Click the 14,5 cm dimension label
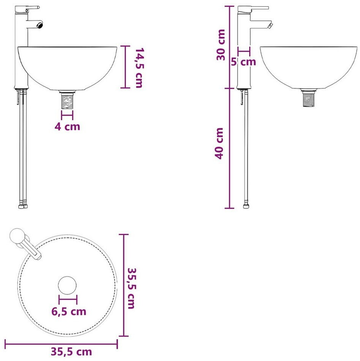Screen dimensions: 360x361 pos(139,67)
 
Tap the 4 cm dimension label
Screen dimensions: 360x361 pos(67,127)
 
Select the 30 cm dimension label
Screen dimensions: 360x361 pos(221,45)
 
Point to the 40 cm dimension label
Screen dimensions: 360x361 pos(219,143)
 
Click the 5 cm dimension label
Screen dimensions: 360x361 pos(244,62)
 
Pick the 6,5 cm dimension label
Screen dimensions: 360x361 pos(69,311)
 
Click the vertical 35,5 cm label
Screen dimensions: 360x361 pos(131,288)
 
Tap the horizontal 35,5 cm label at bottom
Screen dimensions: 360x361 pos(71,352)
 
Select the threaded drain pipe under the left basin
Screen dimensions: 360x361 pos(67,100)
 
